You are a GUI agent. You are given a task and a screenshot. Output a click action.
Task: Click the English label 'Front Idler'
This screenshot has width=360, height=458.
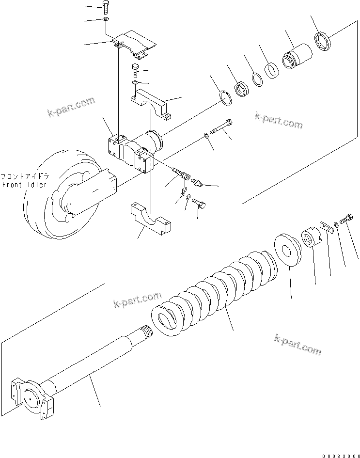click(x=24, y=185)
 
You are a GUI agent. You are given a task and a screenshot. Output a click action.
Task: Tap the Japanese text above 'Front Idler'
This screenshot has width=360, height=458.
click(x=24, y=176)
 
